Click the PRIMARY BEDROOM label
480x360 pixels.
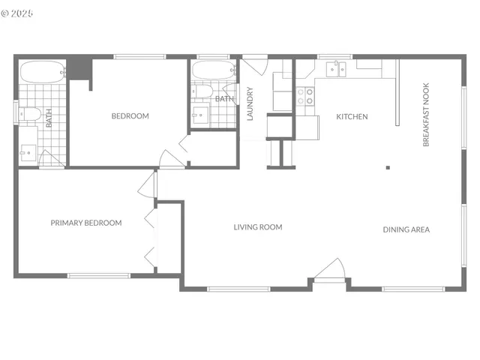[86, 223]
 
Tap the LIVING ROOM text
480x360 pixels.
[257, 227]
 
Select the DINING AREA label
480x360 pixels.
[406, 229]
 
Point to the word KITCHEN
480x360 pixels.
[352, 117]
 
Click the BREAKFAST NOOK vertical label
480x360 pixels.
[426, 115]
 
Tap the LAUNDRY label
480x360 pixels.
[250, 104]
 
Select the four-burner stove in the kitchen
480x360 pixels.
[305, 97]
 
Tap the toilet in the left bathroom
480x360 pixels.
[29, 114]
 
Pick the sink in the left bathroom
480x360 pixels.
[27, 152]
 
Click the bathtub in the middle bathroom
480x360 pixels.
[213, 71]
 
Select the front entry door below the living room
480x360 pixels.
[329, 273]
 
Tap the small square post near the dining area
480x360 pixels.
[388, 168]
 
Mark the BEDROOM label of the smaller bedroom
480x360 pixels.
[130, 116]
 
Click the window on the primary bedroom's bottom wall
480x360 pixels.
[99, 276]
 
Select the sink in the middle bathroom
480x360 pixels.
[199, 115]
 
